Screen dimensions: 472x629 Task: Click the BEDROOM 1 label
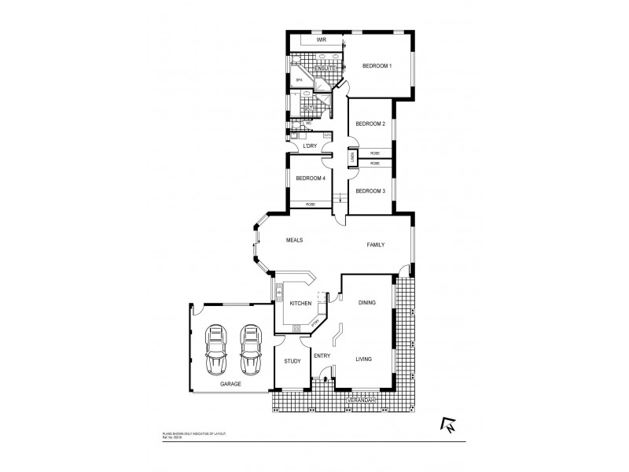377,67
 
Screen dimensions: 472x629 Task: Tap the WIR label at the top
321,39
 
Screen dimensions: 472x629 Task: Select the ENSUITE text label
326,68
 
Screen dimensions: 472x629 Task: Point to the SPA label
299,80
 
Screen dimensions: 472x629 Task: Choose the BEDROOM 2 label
370,124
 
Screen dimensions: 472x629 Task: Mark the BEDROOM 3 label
370,191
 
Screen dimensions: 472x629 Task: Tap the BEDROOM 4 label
311,179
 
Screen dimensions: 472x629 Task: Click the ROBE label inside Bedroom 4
311,205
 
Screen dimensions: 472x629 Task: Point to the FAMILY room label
376,245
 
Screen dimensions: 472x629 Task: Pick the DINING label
367,303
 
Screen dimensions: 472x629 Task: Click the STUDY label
292,361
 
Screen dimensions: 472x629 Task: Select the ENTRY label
322,356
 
